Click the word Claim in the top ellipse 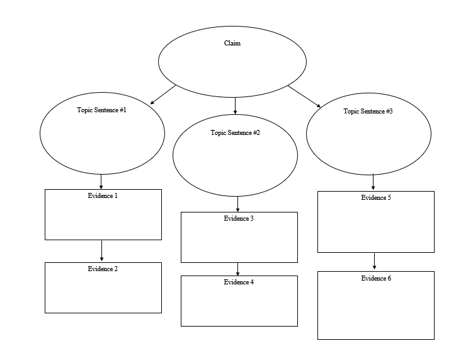point(232,44)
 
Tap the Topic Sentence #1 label point(102,110)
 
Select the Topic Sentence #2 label point(235,132)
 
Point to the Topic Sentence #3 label point(368,111)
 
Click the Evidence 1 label point(103,195)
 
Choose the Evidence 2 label point(103,269)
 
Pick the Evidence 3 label point(239,218)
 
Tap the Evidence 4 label point(239,282)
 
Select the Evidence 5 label point(376,197)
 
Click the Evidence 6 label point(376,278)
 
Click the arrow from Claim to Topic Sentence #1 point(163,95)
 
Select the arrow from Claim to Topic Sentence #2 point(235,106)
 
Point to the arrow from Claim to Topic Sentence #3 point(304,96)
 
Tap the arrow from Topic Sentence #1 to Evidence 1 point(101,182)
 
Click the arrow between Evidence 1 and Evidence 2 point(101,250)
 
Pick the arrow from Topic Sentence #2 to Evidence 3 point(237,204)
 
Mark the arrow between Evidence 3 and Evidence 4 point(237,269)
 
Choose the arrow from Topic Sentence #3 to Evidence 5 point(373,182)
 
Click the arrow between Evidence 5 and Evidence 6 point(374,261)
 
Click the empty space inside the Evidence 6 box point(376,312)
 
